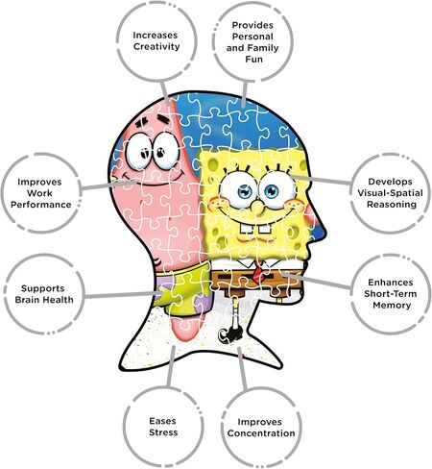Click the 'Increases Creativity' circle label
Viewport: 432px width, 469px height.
point(156,40)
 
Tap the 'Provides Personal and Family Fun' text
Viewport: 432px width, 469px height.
point(252,42)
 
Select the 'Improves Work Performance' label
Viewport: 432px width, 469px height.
point(41,193)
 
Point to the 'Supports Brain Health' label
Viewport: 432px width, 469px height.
point(44,294)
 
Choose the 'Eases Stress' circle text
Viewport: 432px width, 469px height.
point(163,427)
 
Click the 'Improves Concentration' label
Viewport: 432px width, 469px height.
point(261,428)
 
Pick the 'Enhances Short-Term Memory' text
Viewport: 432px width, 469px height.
point(391,293)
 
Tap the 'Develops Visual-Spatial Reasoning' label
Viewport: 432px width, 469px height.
point(390,193)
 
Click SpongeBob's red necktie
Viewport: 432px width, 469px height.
point(258,272)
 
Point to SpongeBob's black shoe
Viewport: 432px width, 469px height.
point(229,335)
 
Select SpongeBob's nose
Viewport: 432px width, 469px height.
point(256,207)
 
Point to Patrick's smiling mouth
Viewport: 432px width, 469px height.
point(151,178)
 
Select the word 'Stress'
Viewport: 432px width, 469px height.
point(163,432)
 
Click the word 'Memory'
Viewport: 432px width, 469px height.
point(392,305)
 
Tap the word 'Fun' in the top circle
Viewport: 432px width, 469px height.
point(253,60)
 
